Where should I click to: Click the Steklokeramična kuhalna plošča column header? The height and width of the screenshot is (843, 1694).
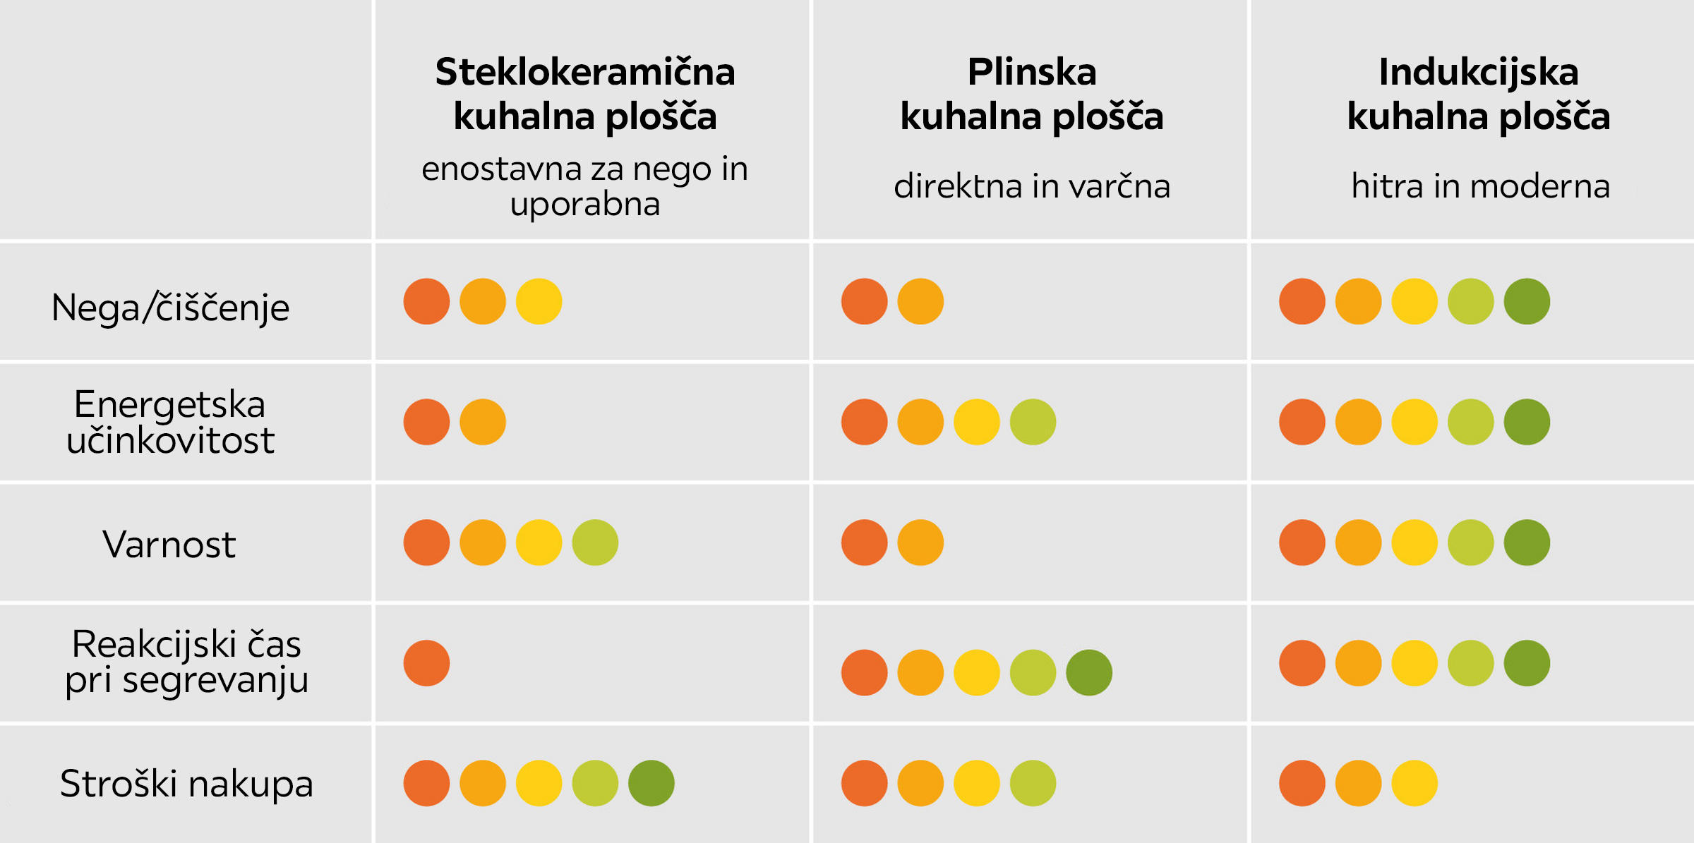[585, 94]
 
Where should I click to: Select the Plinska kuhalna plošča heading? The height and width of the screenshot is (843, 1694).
[1032, 94]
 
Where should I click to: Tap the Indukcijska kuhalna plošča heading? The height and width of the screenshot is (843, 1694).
[1479, 94]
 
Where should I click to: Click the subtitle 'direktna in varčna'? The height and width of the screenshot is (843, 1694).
[1032, 186]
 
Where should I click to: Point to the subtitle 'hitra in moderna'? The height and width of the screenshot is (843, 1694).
[1480, 186]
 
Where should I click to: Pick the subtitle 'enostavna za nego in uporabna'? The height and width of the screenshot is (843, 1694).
[585, 186]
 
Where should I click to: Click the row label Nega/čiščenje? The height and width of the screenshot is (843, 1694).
[170, 308]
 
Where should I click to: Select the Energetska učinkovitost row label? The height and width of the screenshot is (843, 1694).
[170, 422]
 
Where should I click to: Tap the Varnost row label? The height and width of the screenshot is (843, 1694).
[169, 544]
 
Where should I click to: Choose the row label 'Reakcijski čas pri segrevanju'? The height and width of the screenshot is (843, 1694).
[186, 662]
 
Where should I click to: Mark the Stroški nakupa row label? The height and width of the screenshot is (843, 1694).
[186, 783]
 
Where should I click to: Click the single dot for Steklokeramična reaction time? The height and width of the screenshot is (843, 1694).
[426, 663]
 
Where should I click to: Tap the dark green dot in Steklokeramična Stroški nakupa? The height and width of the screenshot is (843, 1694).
[651, 783]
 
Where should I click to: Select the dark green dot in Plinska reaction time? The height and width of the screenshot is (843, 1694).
[1089, 672]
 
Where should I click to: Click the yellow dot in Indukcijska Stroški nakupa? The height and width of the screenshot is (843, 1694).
[1414, 783]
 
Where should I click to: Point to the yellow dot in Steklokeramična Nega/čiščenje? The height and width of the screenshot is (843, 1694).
[539, 301]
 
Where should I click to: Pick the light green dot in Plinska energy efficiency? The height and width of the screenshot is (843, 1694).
[1033, 422]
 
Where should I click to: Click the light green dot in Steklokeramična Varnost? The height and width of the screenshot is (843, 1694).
[595, 542]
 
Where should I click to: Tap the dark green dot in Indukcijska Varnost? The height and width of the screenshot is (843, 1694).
[1527, 542]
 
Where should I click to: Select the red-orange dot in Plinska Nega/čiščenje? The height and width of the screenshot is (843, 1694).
[864, 301]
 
